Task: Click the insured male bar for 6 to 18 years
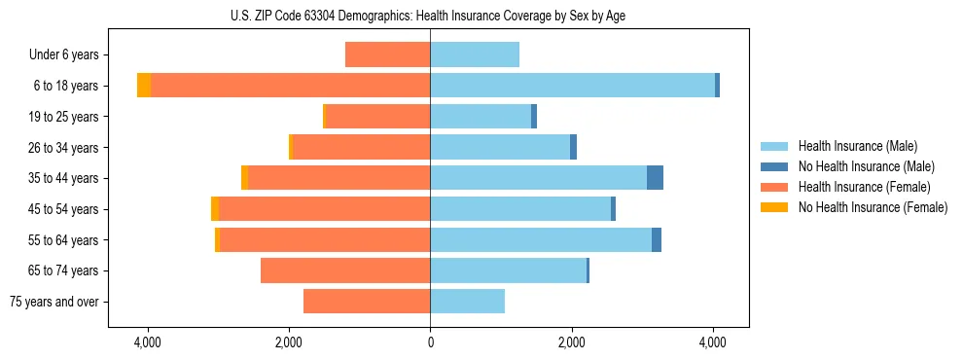click(x=572, y=86)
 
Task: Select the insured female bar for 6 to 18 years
click(x=290, y=86)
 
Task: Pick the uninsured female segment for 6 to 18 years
click(x=144, y=86)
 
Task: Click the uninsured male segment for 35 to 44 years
click(x=655, y=178)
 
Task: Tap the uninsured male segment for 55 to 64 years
click(x=657, y=239)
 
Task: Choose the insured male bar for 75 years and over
click(x=467, y=302)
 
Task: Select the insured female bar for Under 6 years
click(x=387, y=54)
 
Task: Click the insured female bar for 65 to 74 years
click(x=345, y=270)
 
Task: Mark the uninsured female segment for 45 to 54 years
click(x=215, y=209)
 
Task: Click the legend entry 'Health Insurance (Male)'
click(x=857, y=146)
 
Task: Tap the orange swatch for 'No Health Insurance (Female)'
click(x=774, y=207)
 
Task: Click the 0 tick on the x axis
click(x=430, y=343)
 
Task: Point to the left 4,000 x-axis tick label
click(x=148, y=343)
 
